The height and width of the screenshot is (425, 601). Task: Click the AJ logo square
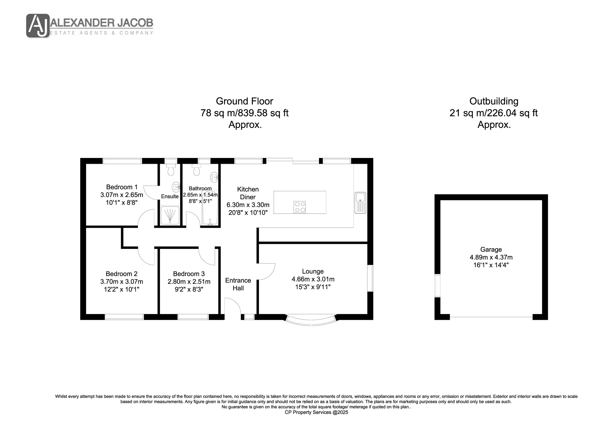pos(38,26)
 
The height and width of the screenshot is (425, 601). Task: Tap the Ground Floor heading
pos(244,101)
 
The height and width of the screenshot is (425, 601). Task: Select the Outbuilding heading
pos(494,101)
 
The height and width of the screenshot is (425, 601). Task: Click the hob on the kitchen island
pos(300,207)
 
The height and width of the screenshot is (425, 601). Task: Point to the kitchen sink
pos(360,203)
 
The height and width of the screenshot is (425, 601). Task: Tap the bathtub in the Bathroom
pos(210,208)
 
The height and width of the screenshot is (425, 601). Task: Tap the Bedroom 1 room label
pos(122,187)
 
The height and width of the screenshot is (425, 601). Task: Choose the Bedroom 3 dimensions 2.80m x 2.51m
pos(189,282)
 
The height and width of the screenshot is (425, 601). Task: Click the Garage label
pos(491,249)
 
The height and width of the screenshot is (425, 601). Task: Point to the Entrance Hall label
pos(238,284)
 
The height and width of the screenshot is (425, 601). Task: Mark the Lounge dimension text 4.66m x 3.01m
pos(313,279)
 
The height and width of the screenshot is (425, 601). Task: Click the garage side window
pos(437,285)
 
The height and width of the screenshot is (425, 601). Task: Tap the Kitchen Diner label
pos(248,193)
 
